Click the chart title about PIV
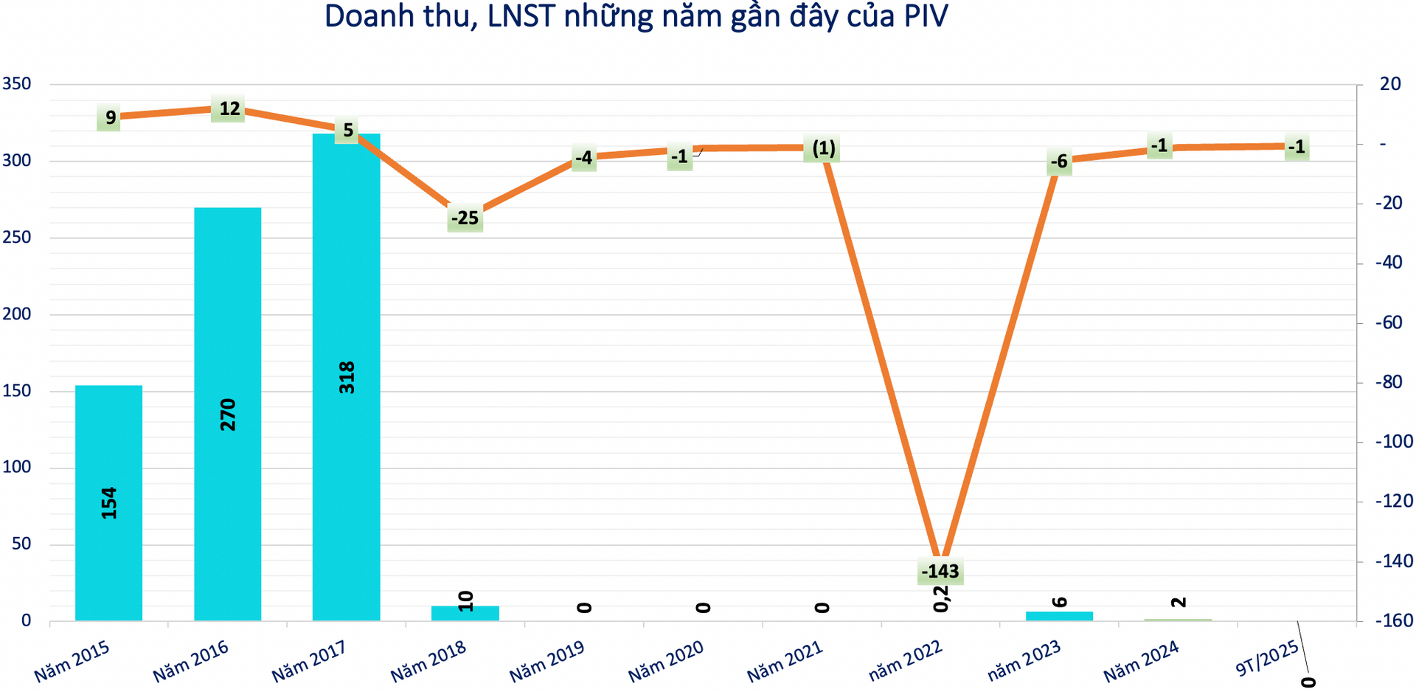click(x=636, y=16)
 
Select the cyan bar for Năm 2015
click(x=108, y=502)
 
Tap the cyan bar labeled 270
click(x=227, y=413)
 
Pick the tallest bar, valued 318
click(x=346, y=376)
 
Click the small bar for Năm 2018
click(x=465, y=613)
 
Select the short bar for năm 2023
click(x=1059, y=616)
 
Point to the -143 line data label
click(x=940, y=571)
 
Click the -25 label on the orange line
click(x=465, y=218)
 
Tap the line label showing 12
click(x=229, y=109)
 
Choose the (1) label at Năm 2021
click(x=823, y=149)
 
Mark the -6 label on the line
click(x=1059, y=162)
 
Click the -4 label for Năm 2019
click(x=583, y=158)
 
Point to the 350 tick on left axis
click(x=17, y=84)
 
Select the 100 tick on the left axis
click(x=17, y=468)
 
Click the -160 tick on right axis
click(x=1394, y=621)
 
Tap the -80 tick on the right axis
click(x=1394, y=382)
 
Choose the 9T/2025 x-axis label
click(x=1267, y=659)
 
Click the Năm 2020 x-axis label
click(x=666, y=661)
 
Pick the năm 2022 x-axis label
click(x=905, y=661)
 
